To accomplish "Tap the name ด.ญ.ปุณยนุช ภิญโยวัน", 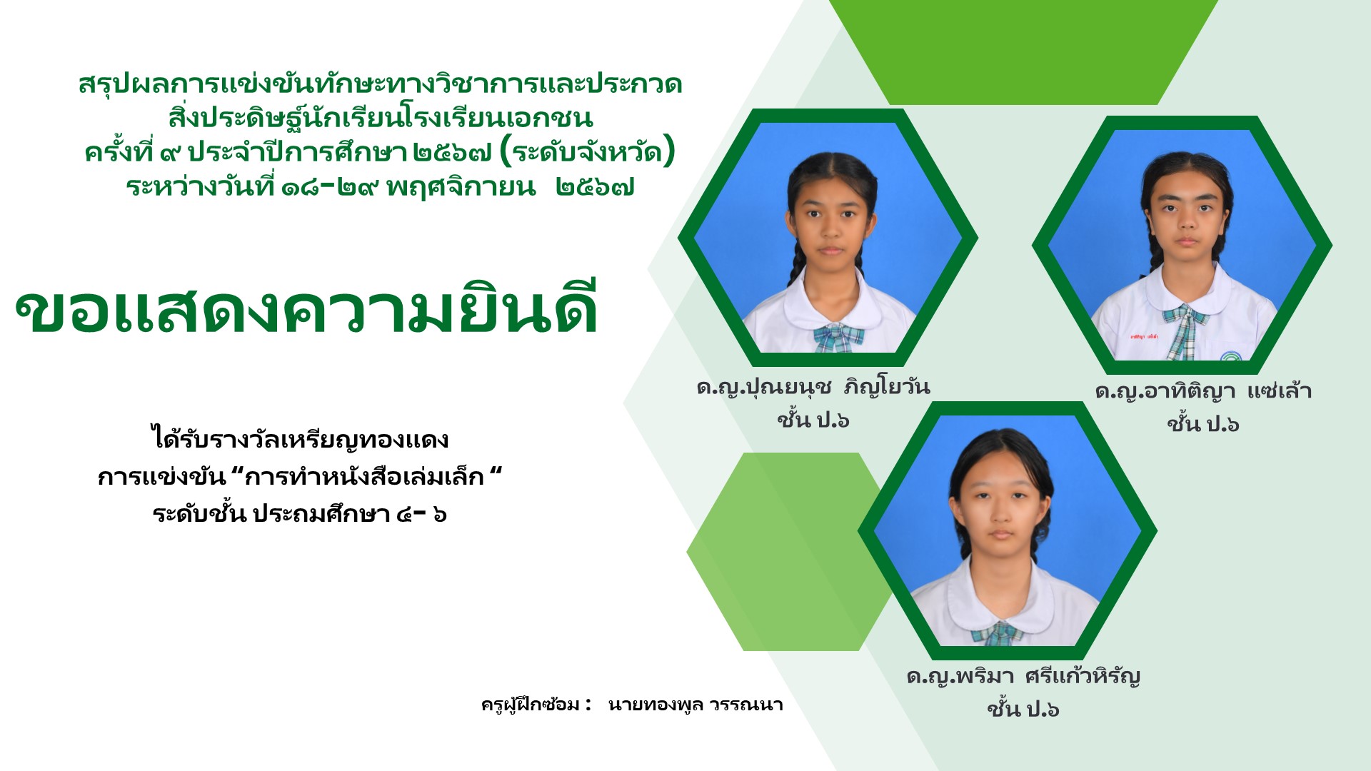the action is tap(813, 387).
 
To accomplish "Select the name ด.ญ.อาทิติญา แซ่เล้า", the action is tap(1203, 391).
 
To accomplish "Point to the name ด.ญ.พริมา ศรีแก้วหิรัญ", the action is tap(1023, 676).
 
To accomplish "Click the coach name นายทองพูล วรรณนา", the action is tap(695, 705).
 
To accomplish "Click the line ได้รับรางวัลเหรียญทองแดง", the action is tap(300, 438).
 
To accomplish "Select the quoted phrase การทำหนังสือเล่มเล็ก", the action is tap(364, 477).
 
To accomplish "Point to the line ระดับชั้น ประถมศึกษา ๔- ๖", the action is tap(300, 514).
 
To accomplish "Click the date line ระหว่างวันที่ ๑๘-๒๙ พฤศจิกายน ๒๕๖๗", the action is tap(381, 188).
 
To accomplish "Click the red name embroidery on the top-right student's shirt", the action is tap(1143, 336).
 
